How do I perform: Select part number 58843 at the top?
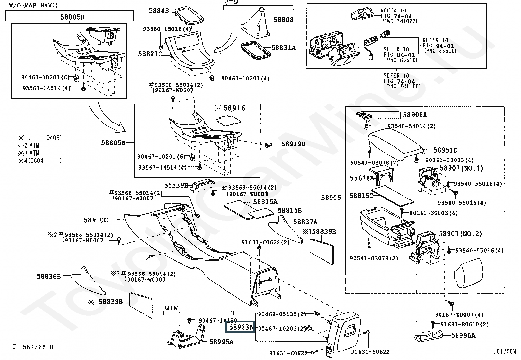pyautogui.click(x=159, y=11)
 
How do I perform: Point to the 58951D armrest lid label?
pyautogui.click(x=445, y=150)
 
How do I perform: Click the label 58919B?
pyautogui.click(x=293, y=144)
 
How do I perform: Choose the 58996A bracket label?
pyautogui.click(x=463, y=335)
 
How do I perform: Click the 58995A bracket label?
pyautogui.click(x=221, y=342)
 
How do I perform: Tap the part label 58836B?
pyautogui.click(x=49, y=276)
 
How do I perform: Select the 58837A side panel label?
pyautogui.click(x=305, y=222)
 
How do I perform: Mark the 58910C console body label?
pyautogui.click(x=96, y=220)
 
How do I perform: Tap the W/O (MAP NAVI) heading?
pyautogui.click(x=33, y=5)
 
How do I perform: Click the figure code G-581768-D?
pyautogui.click(x=33, y=347)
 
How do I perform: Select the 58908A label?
pyautogui.click(x=415, y=115)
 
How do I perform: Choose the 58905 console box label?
pyautogui.click(x=331, y=198)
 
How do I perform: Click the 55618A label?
pyautogui.click(x=362, y=178)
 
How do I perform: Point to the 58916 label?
pyautogui.click(x=234, y=108)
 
